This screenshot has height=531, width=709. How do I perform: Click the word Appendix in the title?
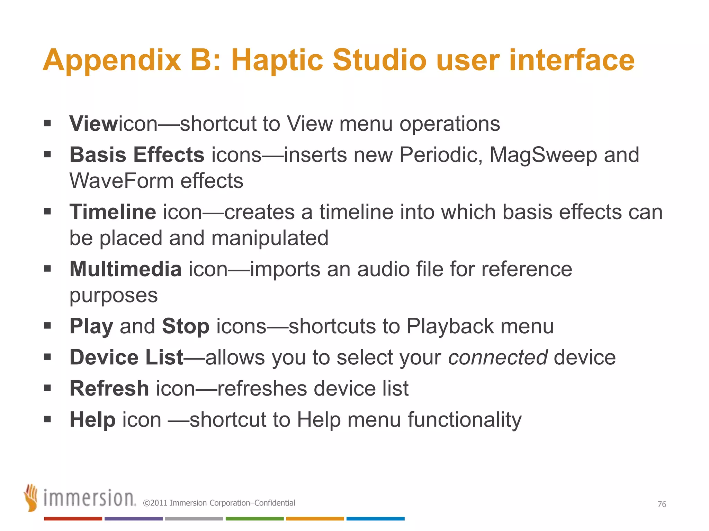click(x=112, y=61)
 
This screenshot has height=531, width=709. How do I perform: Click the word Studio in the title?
click(x=379, y=60)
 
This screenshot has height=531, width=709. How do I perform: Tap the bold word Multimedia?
click(x=126, y=269)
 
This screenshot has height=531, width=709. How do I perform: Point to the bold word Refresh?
click(x=109, y=388)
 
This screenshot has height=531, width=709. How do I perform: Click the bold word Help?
click(x=92, y=419)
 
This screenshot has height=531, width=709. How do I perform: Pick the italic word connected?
click(x=498, y=357)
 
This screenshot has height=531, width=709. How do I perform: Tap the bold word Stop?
click(x=186, y=326)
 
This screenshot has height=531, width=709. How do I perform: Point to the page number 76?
click(x=662, y=504)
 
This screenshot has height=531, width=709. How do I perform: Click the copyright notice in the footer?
click(x=219, y=503)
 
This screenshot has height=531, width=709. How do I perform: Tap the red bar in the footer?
click(x=73, y=519)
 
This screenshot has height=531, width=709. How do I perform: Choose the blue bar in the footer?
click(x=375, y=519)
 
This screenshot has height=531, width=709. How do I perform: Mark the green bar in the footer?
click(x=254, y=519)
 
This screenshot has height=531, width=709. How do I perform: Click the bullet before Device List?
click(x=47, y=357)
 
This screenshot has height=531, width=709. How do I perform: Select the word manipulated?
click(x=270, y=238)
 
